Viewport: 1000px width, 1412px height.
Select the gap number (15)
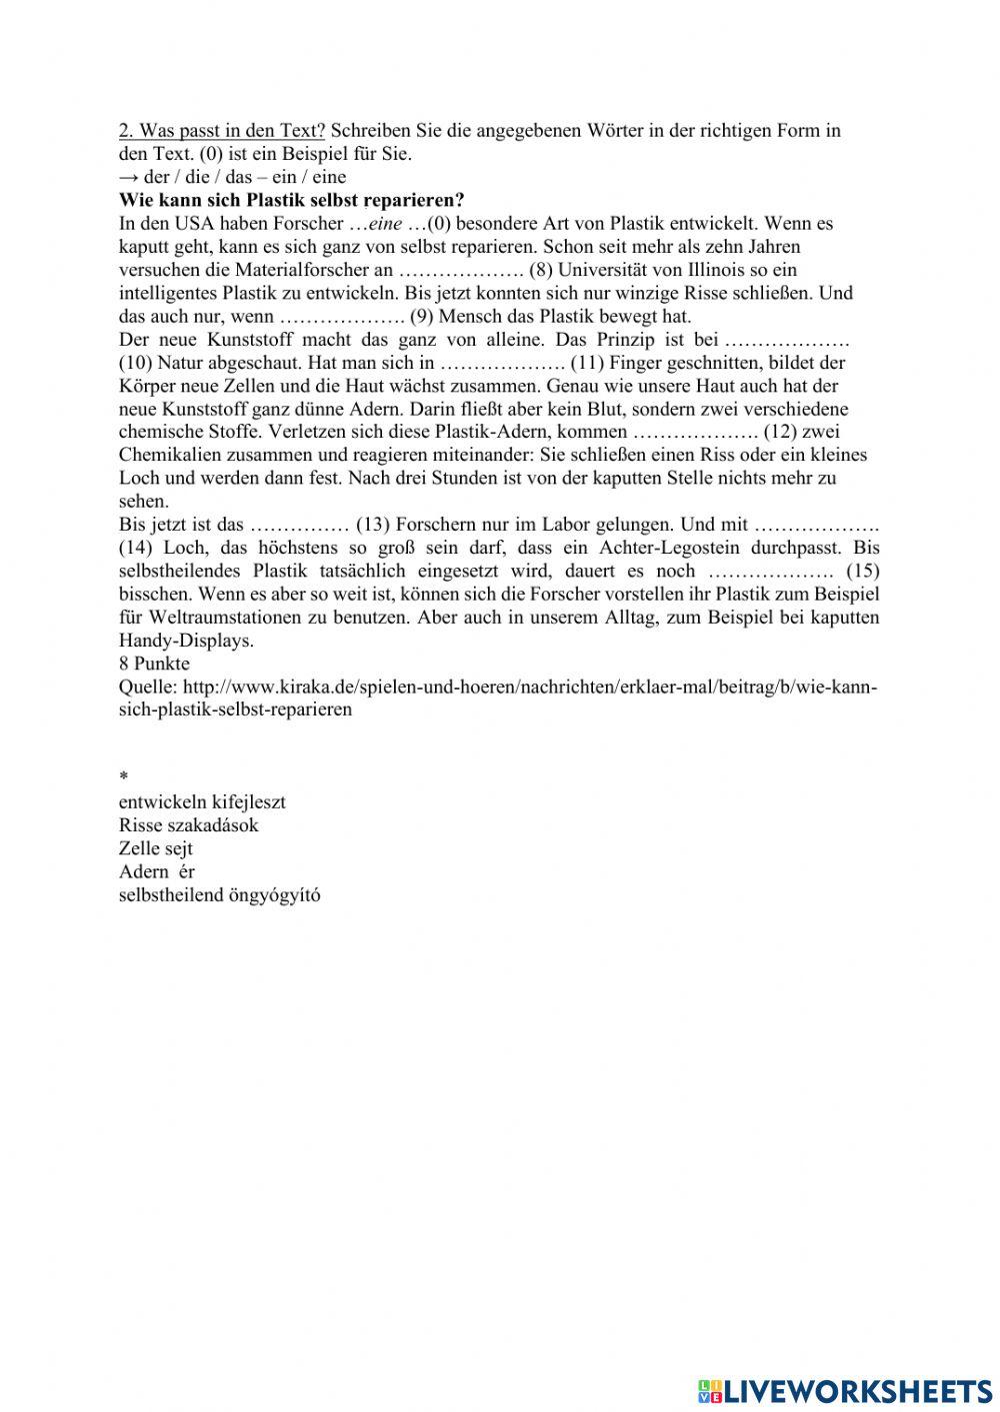pyautogui.click(x=862, y=571)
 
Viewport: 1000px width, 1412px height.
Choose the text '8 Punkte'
pyautogui.click(x=154, y=664)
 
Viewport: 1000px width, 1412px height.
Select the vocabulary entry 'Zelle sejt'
pyautogui.click(x=155, y=848)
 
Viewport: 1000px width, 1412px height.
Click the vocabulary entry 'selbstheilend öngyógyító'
pyautogui.click(x=219, y=895)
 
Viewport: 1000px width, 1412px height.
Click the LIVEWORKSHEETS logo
pyautogui.click(x=844, y=1391)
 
